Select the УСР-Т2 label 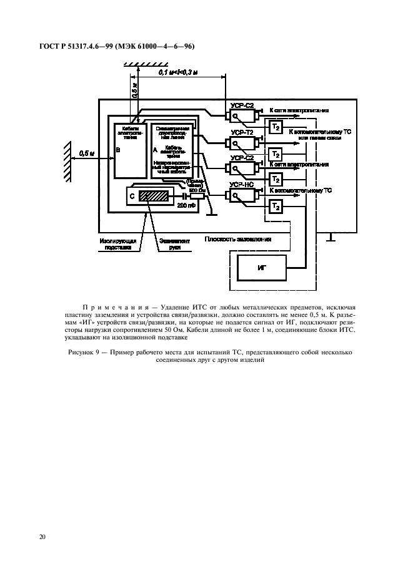[242, 133]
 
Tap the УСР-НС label [242, 185]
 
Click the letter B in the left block [118, 150]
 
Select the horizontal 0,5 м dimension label [87, 152]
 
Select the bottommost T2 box [276, 205]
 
